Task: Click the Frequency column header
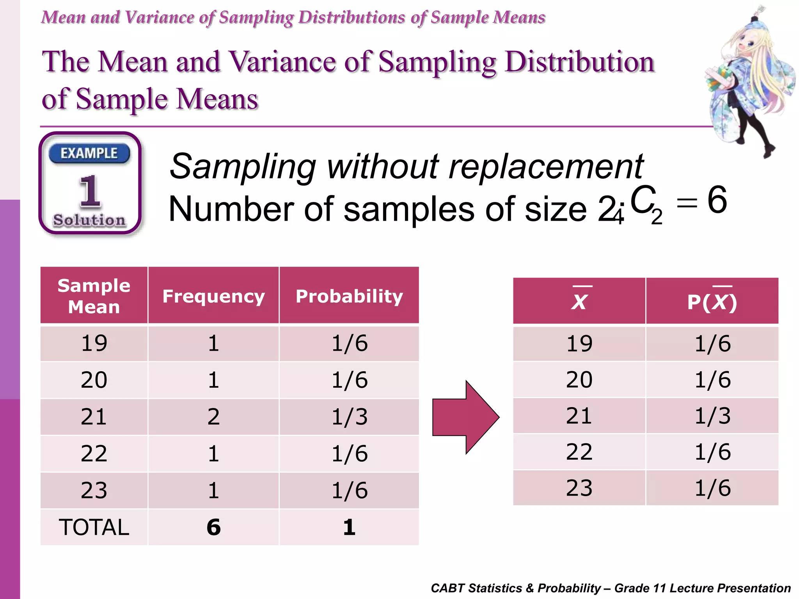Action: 213,296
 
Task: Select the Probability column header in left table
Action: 349,296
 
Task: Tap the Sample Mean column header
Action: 94,296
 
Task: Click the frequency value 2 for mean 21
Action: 213,416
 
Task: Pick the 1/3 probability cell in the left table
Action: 349,416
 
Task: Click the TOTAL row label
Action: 94,527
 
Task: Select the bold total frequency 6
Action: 213,527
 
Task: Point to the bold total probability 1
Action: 349,527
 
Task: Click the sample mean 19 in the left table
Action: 94,343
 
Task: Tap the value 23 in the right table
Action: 579,488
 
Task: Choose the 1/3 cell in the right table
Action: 712,416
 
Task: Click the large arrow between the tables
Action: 466,417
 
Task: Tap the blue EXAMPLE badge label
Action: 89,153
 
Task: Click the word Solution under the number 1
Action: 90,220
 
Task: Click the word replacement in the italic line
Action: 546,167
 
